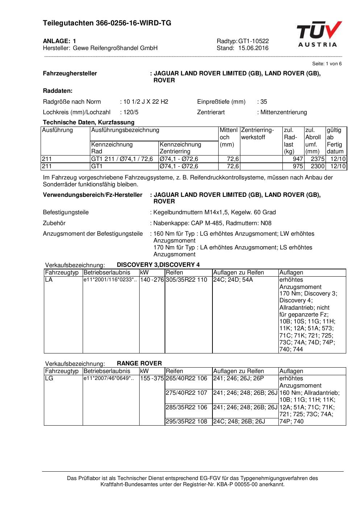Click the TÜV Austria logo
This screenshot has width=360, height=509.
coord(319,34)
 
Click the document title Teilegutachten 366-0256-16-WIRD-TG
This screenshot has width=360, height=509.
coord(107,23)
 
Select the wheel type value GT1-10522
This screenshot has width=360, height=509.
coord(253,41)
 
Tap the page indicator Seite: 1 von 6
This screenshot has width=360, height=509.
coord(327,64)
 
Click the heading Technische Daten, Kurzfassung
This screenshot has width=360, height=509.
coord(88,123)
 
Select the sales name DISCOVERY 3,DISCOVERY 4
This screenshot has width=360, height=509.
coord(158,265)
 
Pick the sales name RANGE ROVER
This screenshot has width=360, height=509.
coord(139,364)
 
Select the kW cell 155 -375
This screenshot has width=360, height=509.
coord(152,378)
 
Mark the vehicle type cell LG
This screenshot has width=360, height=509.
coord(49,378)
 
